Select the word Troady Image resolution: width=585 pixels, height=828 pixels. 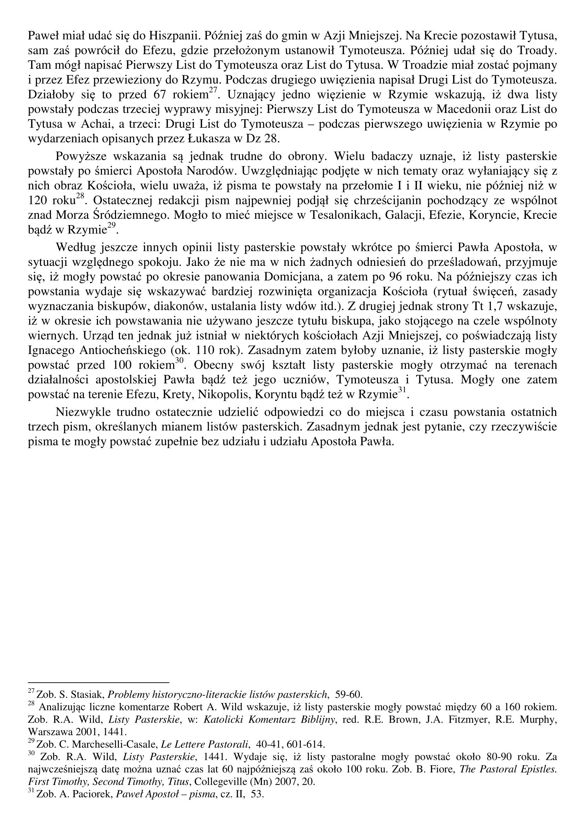pyautogui.click(x=537, y=51)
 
